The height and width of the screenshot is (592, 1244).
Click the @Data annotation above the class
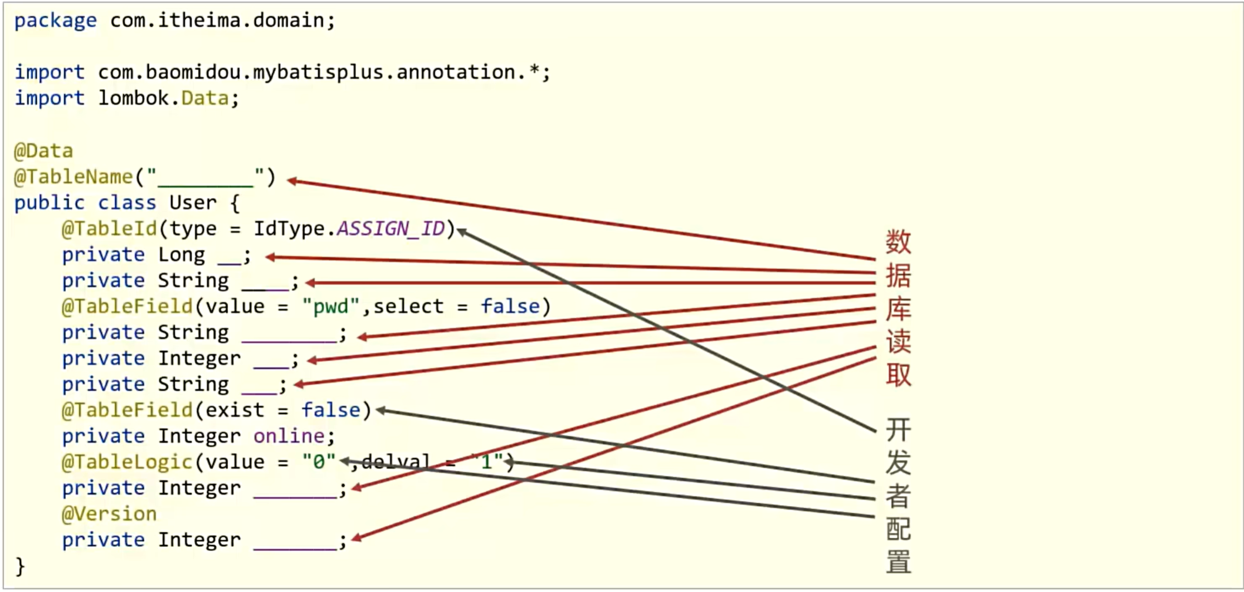click(x=43, y=151)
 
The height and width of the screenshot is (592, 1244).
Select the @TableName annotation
click(x=74, y=177)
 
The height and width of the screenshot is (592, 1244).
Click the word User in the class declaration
click(x=193, y=203)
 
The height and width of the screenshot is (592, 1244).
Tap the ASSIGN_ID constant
click(x=391, y=229)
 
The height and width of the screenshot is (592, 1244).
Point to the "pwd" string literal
click(x=331, y=307)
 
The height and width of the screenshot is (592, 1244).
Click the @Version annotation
click(x=109, y=514)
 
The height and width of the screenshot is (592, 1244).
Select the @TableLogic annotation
click(x=127, y=462)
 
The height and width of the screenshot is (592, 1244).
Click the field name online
click(x=289, y=436)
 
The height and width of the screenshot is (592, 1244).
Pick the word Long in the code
click(x=181, y=255)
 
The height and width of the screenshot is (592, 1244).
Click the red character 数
click(x=898, y=242)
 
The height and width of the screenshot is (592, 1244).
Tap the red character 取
click(x=898, y=375)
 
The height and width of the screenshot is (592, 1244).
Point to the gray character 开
click(x=898, y=430)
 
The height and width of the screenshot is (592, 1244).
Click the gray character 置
click(x=898, y=561)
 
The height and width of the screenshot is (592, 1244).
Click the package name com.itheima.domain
click(x=217, y=21)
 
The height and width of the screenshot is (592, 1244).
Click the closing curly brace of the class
click(x=20, y=566)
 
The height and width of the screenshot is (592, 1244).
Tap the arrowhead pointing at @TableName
click(x=291, y=180)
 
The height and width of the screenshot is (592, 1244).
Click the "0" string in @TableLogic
click(x=319, y=462)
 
